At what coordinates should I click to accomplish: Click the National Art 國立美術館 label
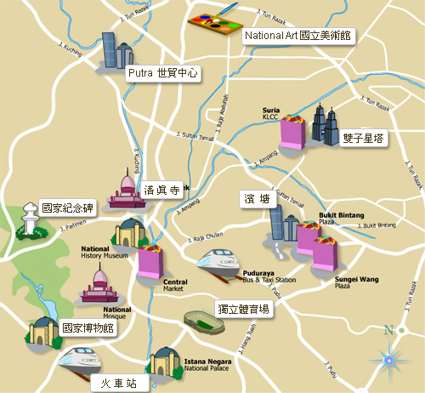[x=298, y=36]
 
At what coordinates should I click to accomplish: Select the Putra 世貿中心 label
[x=163, y=74]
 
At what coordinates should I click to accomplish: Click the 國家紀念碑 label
[x=65, y=207]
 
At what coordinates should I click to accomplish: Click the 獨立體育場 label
[x=242, y=310]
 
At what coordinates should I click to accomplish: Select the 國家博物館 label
[x=88, y=327]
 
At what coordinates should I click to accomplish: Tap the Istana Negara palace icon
[x=163, y=362]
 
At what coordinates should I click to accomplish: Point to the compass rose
[x=389, y=360]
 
